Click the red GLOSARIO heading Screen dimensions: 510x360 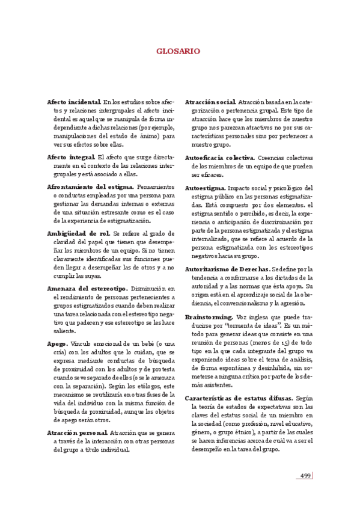pyautogui.click(x=180, y=52)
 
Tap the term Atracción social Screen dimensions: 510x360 pyautogui.click(x=210, y=103)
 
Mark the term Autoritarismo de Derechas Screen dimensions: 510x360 pyautogui.click(x=227, y=269)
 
